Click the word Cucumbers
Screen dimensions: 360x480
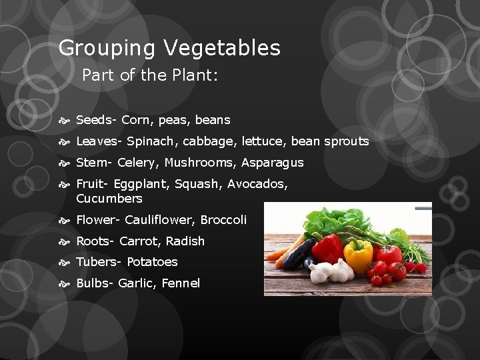click(109, 199)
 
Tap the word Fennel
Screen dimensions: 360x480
click(180, 283)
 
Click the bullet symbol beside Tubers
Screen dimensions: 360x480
click(67, 262)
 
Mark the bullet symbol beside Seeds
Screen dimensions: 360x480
click(67, 121)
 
